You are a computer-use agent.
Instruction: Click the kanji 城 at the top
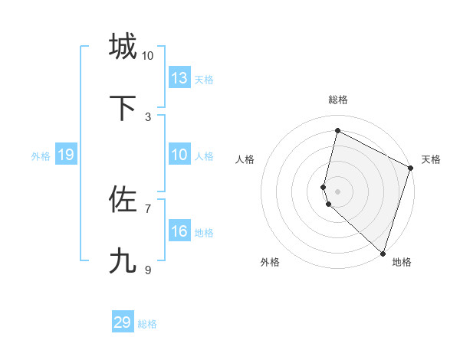pyautogui.click(x=123, y=47)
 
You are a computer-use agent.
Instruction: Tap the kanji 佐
pyautogui.click(x=123, y=200)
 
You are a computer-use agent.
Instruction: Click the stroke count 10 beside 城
pyautogui.click(x=147, y=56)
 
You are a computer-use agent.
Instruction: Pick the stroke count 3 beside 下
pyautogui.click(x=147, y=117)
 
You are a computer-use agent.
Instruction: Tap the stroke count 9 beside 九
pyautogui.click(x=147, y=270)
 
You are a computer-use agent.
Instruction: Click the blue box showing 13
pyautogui.click(x=179, y=77)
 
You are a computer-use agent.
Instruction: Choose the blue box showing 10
pyautogui.click(x=179, y=155)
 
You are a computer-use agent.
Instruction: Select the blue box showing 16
pyautogui.click(x=179, y=231)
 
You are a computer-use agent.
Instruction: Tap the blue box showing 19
pyautogui.click(x=66, y=155)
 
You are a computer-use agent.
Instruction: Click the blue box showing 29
pyautogui.click(x=123, y=322)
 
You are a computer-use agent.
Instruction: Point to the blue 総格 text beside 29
pyautogui.click(x=148, y=324)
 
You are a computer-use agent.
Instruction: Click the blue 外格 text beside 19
pyautogui.click(x=41, y=156)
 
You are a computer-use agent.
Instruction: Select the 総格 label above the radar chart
pyautogui.click(x=338, y=100)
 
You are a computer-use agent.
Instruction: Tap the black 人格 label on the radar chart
pyautogui.click(x=245, y=159)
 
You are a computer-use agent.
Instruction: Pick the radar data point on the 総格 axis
pyautogui.click(x=337, y=131)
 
